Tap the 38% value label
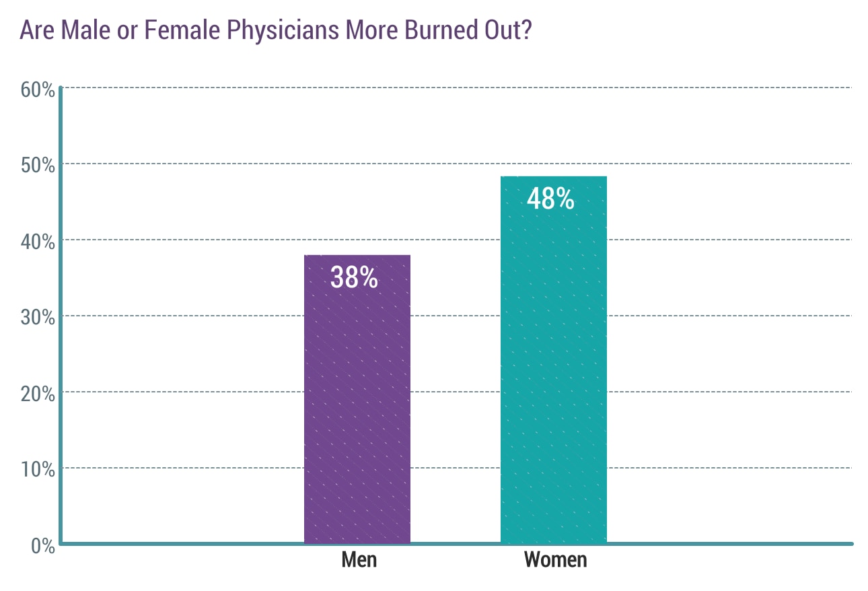[x=354, y=277]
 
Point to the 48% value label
[x=550, y=199]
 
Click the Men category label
[x=359, y=560]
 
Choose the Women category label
[x=555, y=560]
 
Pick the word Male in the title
[x=85, y=31]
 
